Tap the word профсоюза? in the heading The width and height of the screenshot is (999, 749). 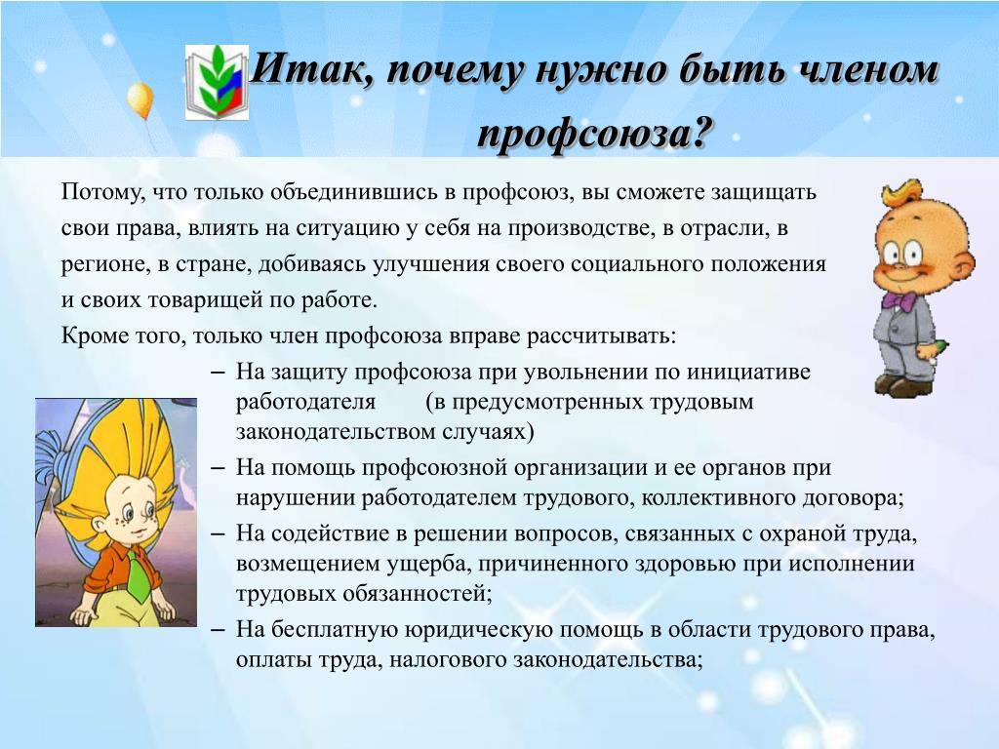point(593,134)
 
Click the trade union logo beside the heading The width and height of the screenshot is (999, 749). point(217,82)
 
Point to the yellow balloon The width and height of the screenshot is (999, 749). point(140,100)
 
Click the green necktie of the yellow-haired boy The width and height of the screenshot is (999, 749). point(137,576)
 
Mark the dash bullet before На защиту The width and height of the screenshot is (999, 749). point(218,372)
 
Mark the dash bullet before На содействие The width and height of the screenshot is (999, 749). point(218,532)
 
